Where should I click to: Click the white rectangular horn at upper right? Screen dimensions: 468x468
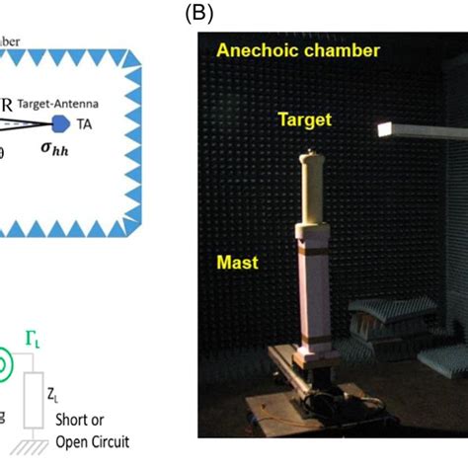[424, 129]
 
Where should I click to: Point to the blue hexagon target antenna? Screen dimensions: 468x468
[60, 122]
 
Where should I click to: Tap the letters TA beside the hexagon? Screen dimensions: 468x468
[87, 124]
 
